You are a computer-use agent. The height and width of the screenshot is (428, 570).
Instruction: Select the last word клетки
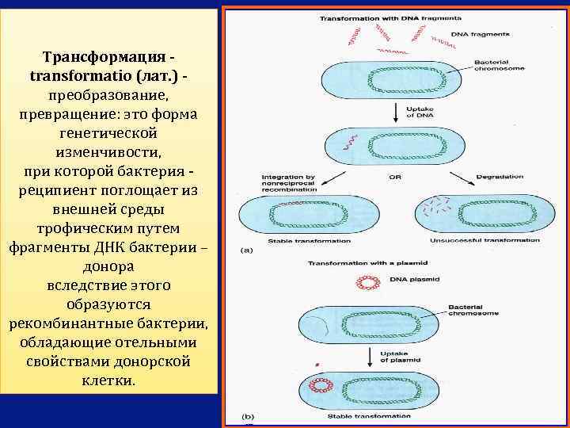(x=108, y=380)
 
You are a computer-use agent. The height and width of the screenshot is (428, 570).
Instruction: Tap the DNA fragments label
(x=479, y=34)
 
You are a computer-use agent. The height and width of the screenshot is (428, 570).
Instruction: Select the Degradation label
(x=500, y=176)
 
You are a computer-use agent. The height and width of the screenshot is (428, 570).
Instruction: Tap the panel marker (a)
(x=247, y=250)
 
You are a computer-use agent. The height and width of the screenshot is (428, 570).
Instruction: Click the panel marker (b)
(x=247, y=415)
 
